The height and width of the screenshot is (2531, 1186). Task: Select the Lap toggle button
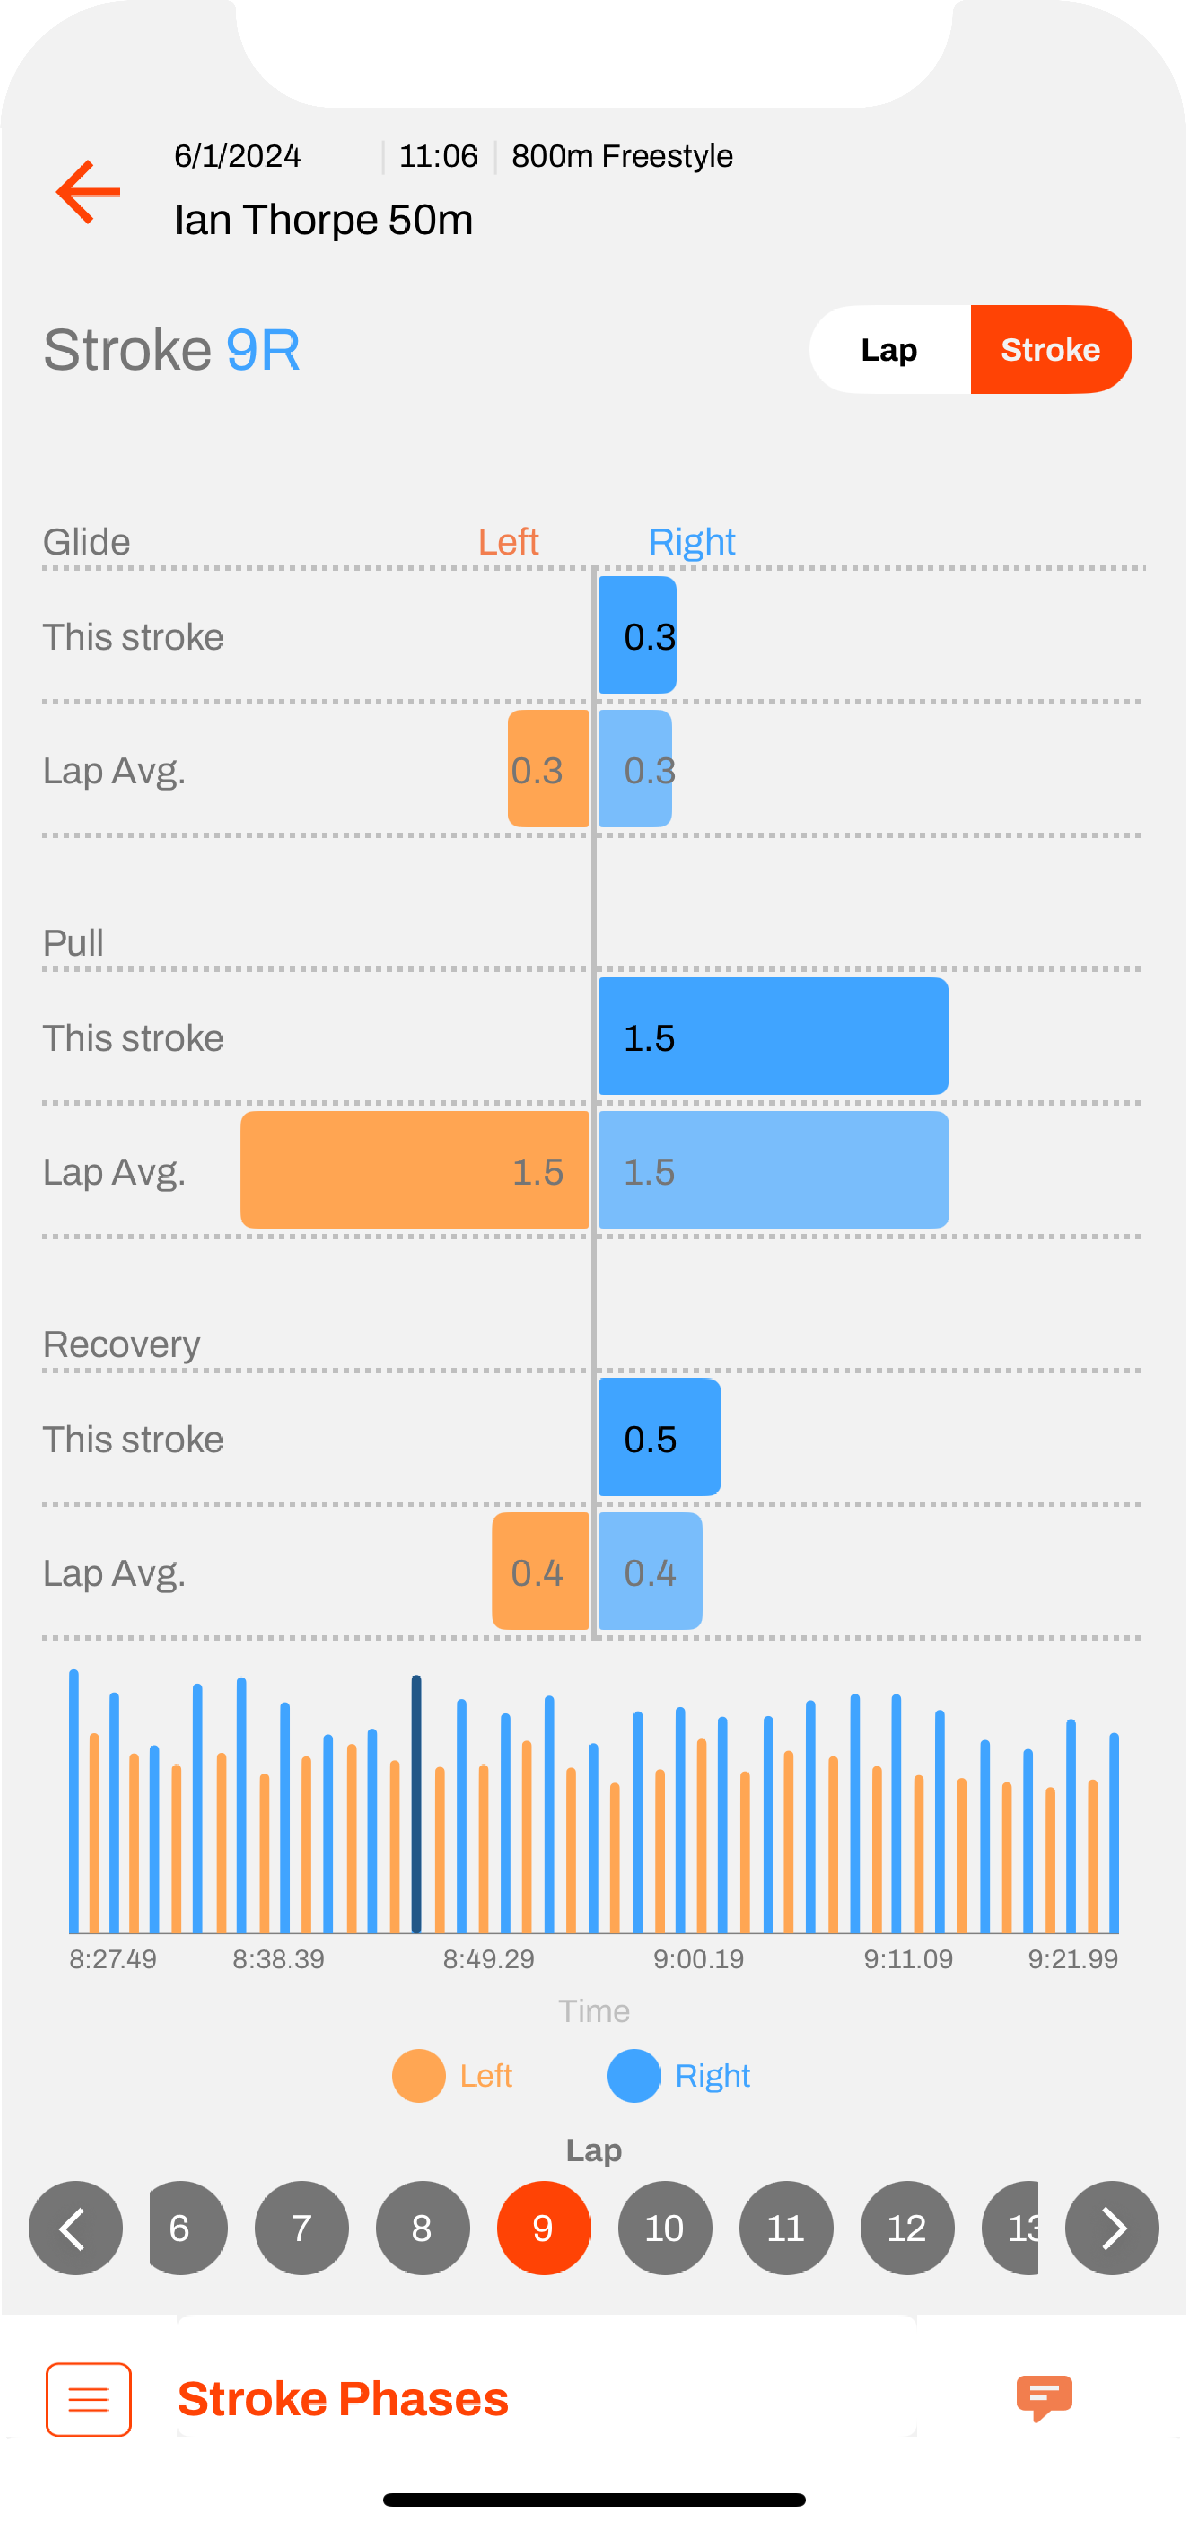(889, 350)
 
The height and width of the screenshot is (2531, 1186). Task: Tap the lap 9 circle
(543, 2228)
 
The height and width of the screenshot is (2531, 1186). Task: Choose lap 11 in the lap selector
(785, 2228)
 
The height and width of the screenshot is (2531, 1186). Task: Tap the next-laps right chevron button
(1111, 2228)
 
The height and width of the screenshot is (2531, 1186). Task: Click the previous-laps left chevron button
(76, 2228)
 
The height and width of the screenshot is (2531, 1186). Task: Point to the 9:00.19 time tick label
(699, 1959)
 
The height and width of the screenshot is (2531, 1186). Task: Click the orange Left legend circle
(418, 2075)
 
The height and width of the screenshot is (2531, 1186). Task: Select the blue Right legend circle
(634, 2075)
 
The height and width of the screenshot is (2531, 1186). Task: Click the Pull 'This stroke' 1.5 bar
(773, 1036)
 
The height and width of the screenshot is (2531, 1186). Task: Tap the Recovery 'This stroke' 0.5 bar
(659, 1438)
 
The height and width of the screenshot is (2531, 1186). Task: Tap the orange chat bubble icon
(1044, 2398)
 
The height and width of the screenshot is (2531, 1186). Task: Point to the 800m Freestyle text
(622, 156)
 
